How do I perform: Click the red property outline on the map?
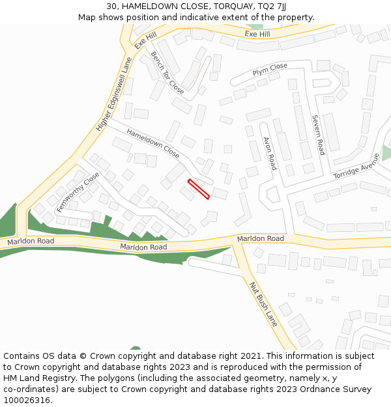coord(199,189)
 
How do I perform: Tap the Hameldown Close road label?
coord(153,143)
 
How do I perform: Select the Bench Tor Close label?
coord(167,72)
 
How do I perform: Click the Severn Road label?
coord(317,135)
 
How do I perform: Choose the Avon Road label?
coord(270,153)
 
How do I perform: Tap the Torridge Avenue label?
coord(356,167)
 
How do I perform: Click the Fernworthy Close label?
coord(78,192)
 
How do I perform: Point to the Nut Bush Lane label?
coord(263,303)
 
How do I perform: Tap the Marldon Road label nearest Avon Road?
coord(261,239)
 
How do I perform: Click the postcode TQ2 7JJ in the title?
coord(272,7)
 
